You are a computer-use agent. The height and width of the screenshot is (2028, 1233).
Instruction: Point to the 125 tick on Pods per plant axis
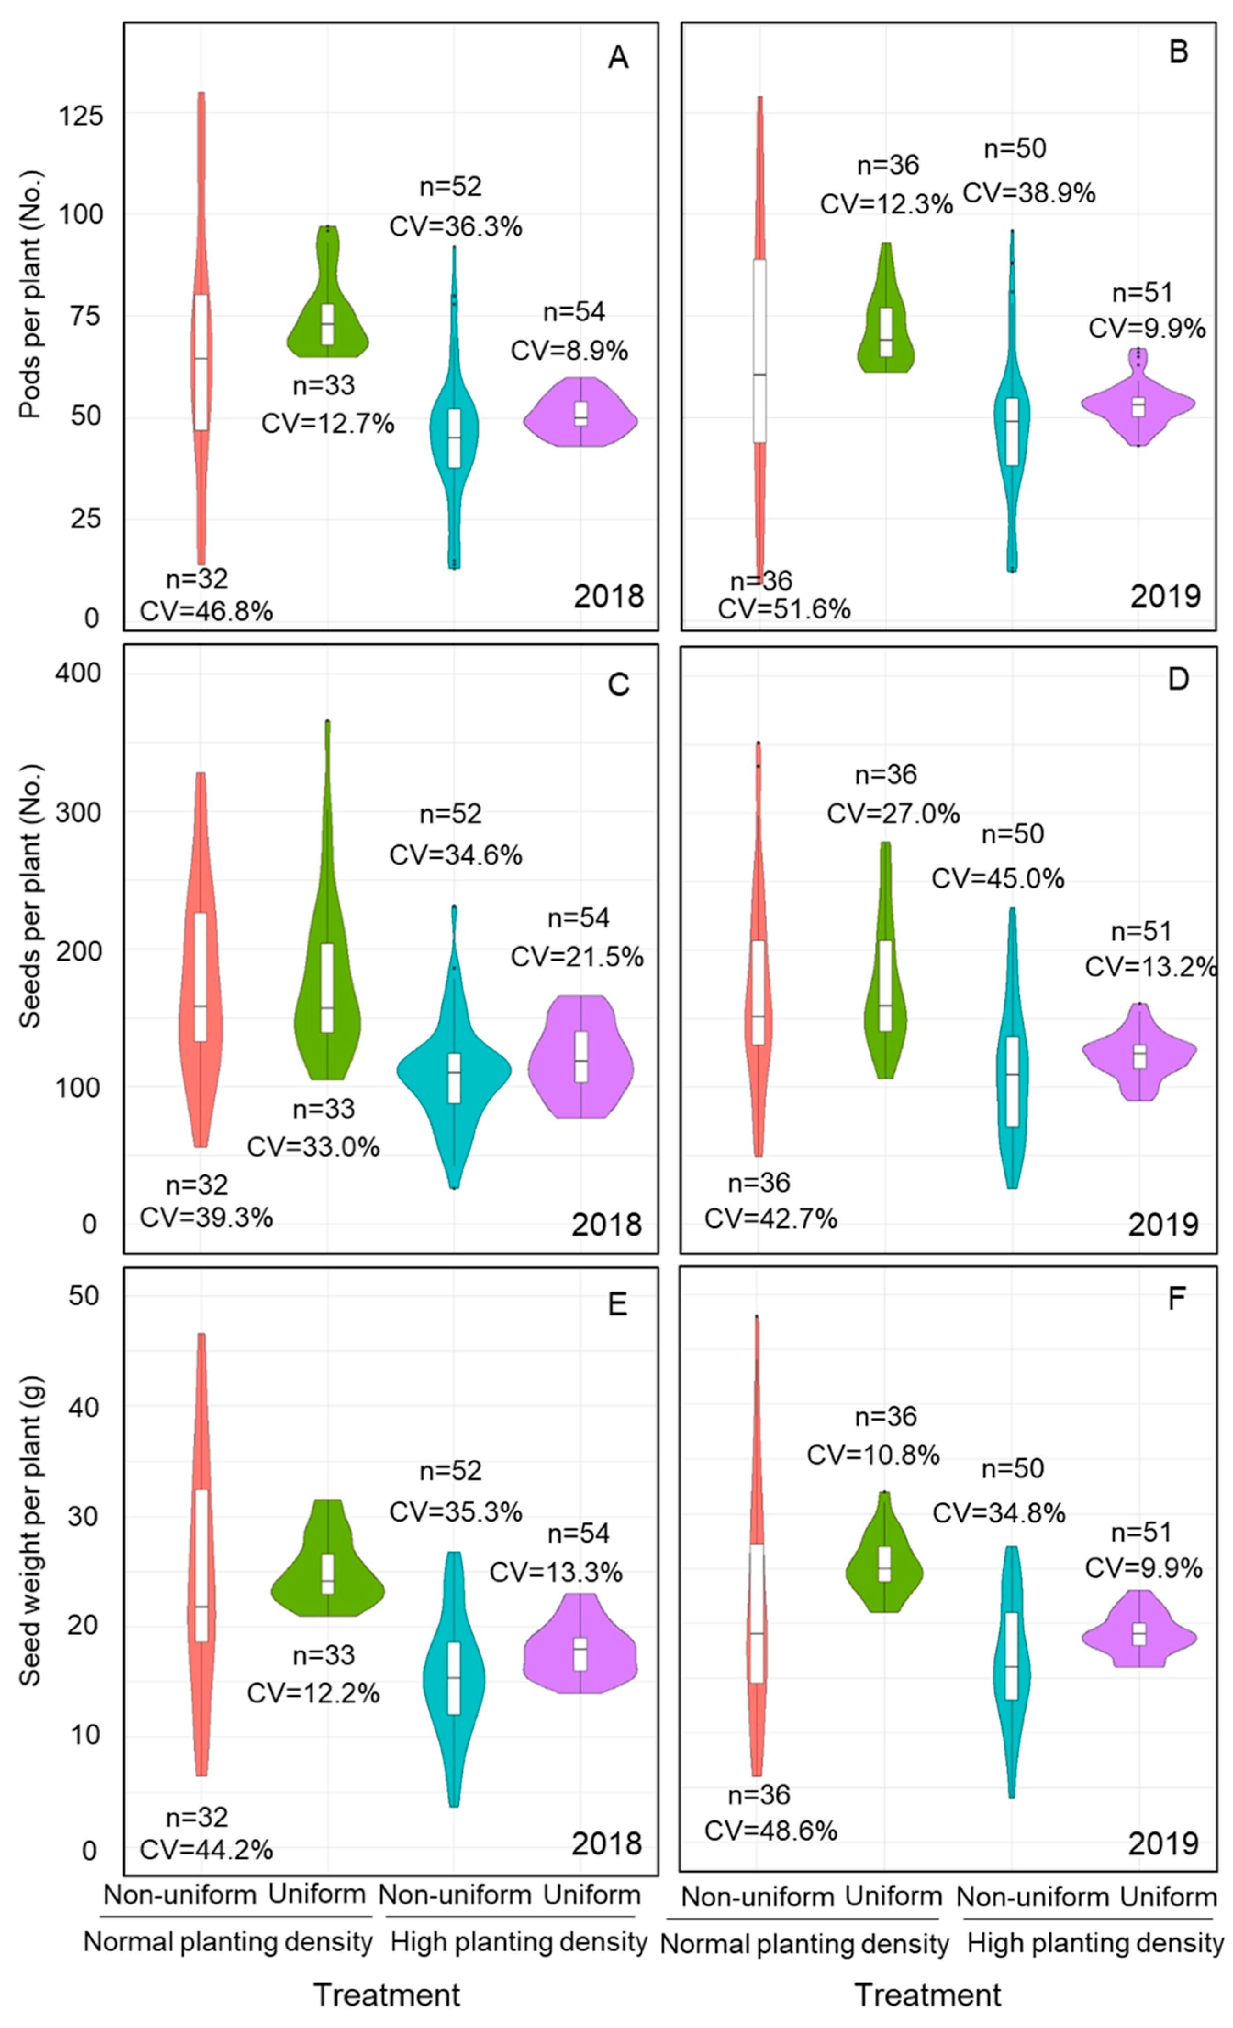coord(81,115)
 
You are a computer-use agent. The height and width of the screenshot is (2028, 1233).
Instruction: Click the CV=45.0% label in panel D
coord(998,878)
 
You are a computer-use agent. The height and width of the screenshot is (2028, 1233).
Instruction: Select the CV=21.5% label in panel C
coord(577,956)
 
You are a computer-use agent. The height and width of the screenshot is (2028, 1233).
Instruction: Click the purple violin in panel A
coord(581,416)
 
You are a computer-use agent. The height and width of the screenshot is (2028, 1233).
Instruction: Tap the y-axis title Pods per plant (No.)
coord(30,294)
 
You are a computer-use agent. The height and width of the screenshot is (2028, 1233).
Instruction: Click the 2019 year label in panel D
coord(1163,1225)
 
